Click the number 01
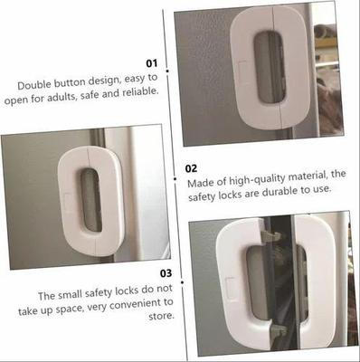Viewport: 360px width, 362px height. click(151, 63)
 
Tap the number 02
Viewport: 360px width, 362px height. click(191, 167)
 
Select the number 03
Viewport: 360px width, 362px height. click(165, 272)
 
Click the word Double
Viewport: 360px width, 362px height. click(35, 84)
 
